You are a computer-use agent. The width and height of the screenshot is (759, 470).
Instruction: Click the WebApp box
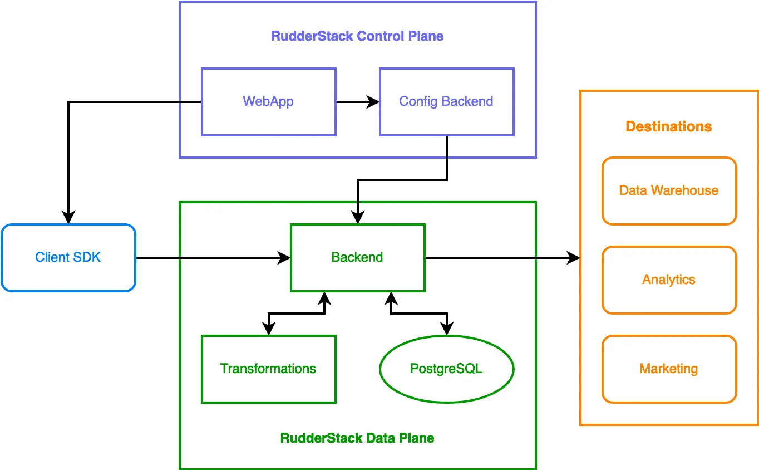[x=268, y=102]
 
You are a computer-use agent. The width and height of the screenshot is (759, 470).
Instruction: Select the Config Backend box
[x=446, y=102]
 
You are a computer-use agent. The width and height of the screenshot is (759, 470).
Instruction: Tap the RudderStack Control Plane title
[x=357, y=37]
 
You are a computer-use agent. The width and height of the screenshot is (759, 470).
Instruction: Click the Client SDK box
[x=68, y=258]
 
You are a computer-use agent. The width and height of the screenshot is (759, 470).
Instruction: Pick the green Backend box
[x=357, y=258]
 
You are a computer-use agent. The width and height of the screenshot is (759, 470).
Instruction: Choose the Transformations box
[x=268, y=369]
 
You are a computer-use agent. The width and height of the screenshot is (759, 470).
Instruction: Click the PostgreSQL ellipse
[x=446, y=369]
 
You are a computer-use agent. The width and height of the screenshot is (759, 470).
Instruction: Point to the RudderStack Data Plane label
[x=357, y=438]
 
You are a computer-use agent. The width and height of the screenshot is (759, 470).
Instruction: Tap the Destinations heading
[x=669, y=127]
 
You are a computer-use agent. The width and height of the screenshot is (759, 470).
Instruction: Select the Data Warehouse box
[x=669, y=191]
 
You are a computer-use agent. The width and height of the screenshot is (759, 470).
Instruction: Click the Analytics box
[x=669, y=280]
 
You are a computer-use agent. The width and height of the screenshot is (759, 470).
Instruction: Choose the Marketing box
[x=669, y=369]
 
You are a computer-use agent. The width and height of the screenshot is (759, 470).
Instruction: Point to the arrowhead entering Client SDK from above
[x=68, y=218]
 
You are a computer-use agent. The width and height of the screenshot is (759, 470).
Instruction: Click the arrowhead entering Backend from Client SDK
[x=285, y=258]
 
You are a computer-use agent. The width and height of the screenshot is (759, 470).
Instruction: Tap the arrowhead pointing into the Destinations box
[x=574, y=258]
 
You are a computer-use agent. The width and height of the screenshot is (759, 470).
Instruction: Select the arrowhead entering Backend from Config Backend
[x=357, y=218]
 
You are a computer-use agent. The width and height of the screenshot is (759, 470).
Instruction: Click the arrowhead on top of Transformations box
[x=268, y=330]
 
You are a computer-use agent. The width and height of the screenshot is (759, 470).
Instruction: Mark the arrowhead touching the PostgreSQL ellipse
[x=446, y=330]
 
